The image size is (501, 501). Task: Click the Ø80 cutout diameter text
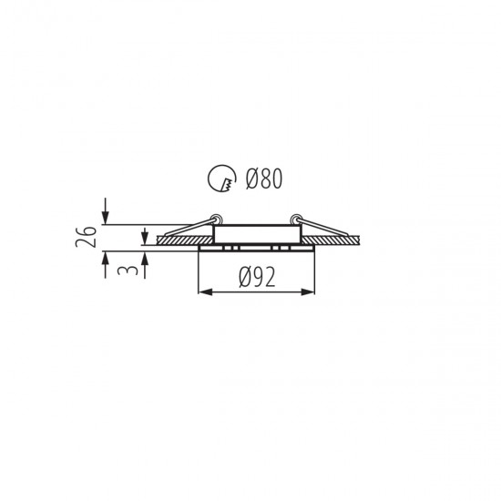264,179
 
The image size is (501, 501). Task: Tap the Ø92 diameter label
257,277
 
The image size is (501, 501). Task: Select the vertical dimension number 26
86,237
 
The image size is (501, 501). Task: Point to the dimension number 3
128,271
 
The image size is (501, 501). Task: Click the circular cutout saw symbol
222,179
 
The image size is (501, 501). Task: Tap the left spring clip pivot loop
217,220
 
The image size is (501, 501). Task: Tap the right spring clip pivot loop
295,220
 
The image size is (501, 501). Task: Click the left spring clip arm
189,228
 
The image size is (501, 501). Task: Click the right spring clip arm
322,227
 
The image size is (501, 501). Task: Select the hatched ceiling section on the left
184,240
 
